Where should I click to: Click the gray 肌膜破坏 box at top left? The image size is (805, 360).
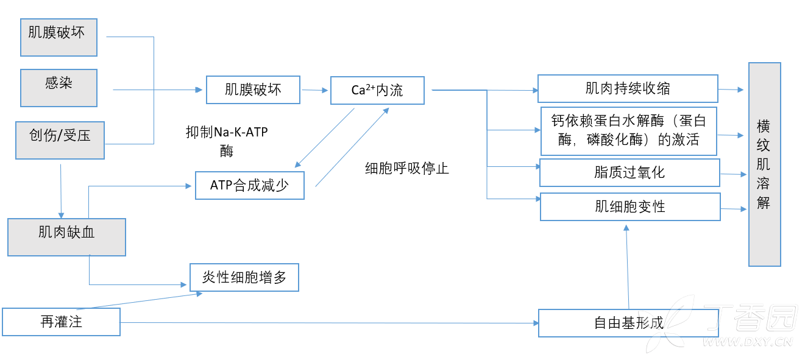click(x=59, y=37)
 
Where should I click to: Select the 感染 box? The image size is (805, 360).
click(x=59, y=87)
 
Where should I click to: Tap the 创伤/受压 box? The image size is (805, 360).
click(x=60, y=140)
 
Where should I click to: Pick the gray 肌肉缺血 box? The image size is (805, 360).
click(x=66, y=237)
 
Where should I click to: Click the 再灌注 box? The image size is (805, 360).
click(x=61, y=322)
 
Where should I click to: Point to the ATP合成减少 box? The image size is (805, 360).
click(x=249, y=185)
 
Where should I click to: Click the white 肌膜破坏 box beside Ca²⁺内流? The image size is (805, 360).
click(x=253, y=90)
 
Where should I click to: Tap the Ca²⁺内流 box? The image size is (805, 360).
click(x=377, y=90)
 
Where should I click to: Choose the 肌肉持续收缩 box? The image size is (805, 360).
click(x=628, y=89)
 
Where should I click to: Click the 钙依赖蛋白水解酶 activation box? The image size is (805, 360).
click(x=629, y=131)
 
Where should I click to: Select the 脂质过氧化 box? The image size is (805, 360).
click(x=629, y=172)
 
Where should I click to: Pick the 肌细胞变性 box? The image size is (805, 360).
click(x=630, y=206)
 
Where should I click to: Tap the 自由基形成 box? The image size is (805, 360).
click(x=628, y=323)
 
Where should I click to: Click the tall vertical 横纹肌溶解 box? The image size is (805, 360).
click(x=764, y=164)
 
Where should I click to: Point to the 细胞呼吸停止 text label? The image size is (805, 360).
click(x=406, y=169)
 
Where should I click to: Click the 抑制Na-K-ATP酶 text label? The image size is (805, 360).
click(x=227, y=141)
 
